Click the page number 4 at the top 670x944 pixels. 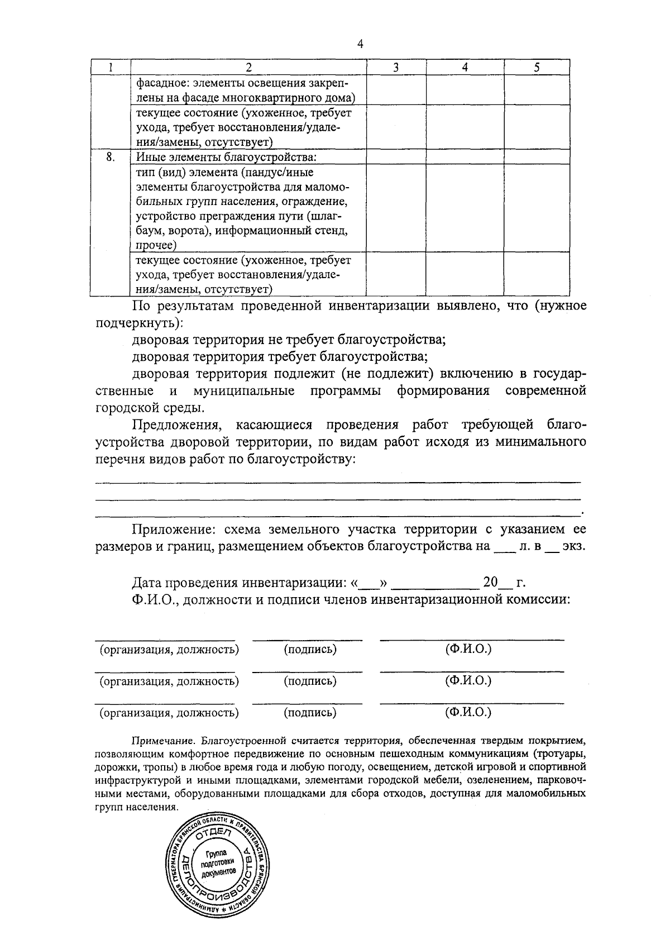(360, 45)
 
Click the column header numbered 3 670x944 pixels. (396, 68)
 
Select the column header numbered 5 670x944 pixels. (537, 68)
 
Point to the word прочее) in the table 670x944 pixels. (156, 245)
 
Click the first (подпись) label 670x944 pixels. (310, 650)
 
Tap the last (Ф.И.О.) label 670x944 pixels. (468, 712)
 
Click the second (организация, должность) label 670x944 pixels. (169, 681)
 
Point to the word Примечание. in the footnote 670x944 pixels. (162, 741)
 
